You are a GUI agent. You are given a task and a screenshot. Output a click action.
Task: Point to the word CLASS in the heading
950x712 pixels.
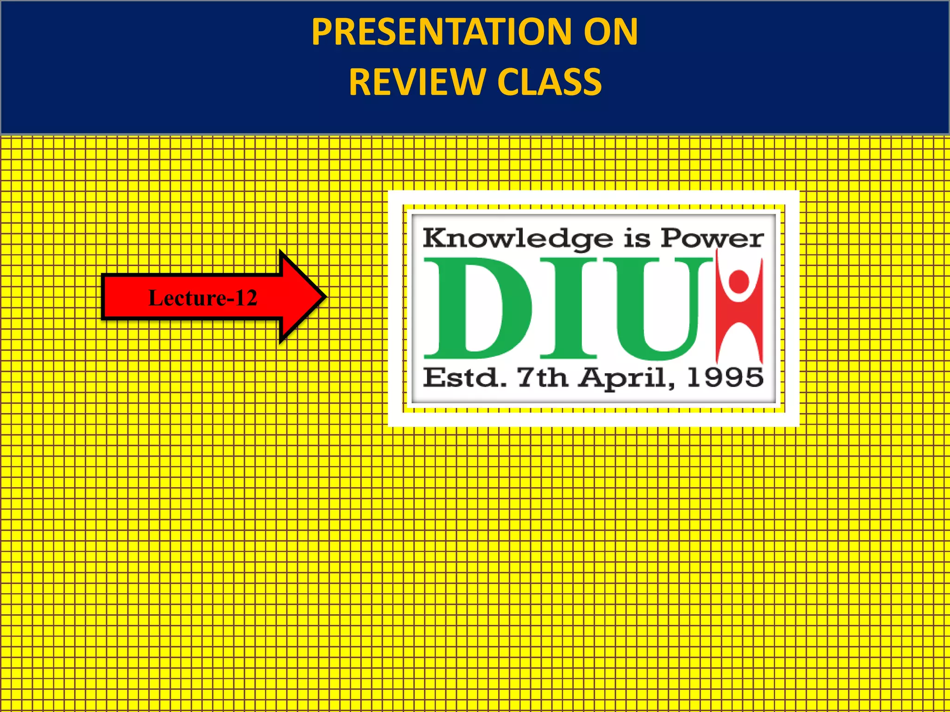[549, 82]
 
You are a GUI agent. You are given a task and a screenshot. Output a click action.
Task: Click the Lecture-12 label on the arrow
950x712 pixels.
[202, 298]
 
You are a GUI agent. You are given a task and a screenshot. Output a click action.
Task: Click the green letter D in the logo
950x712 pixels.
[478, 308]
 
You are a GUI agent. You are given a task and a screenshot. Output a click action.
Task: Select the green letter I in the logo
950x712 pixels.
[568, 308]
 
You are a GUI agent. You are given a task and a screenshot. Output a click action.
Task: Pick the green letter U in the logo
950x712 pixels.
[656, 308]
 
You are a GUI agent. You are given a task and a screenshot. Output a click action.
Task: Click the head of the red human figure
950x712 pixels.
[738, 281]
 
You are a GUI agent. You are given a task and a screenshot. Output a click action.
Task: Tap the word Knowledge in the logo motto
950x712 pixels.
[517, 239]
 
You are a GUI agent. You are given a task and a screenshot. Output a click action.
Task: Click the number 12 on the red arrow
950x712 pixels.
[246, 298]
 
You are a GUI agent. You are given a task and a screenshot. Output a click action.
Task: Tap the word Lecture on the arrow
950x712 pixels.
[187, 298]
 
